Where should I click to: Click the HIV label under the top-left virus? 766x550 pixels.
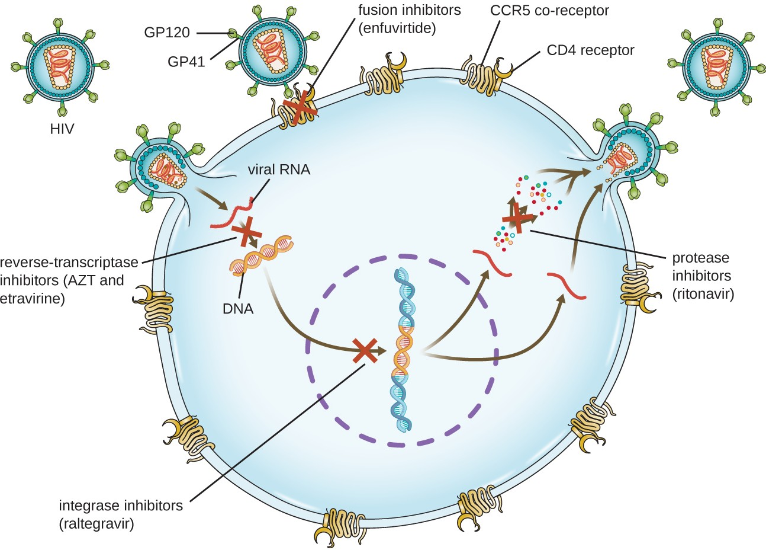pos(62,128)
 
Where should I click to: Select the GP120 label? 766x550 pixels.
pos(167,33)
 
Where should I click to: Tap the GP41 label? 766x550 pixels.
pos(186,61)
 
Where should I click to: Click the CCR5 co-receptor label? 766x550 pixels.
pos(549,11)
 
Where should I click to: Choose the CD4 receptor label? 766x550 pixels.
pos(590,50)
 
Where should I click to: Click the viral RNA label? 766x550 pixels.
pos(278,170)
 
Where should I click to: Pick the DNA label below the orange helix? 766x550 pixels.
pos(238,308)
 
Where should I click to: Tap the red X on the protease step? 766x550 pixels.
pos(516,218)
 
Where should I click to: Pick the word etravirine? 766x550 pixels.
pos(33,298)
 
